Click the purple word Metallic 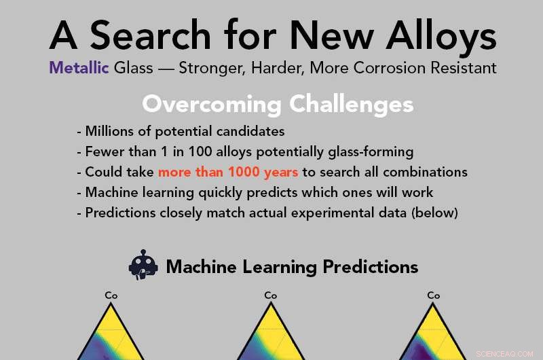[79, 69]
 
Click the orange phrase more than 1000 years [228, 172]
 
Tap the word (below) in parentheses [437, 213]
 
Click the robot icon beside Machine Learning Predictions [143, 265]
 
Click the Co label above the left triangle [111, 295]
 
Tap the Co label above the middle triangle [271, 295]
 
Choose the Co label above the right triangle [433, 295]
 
